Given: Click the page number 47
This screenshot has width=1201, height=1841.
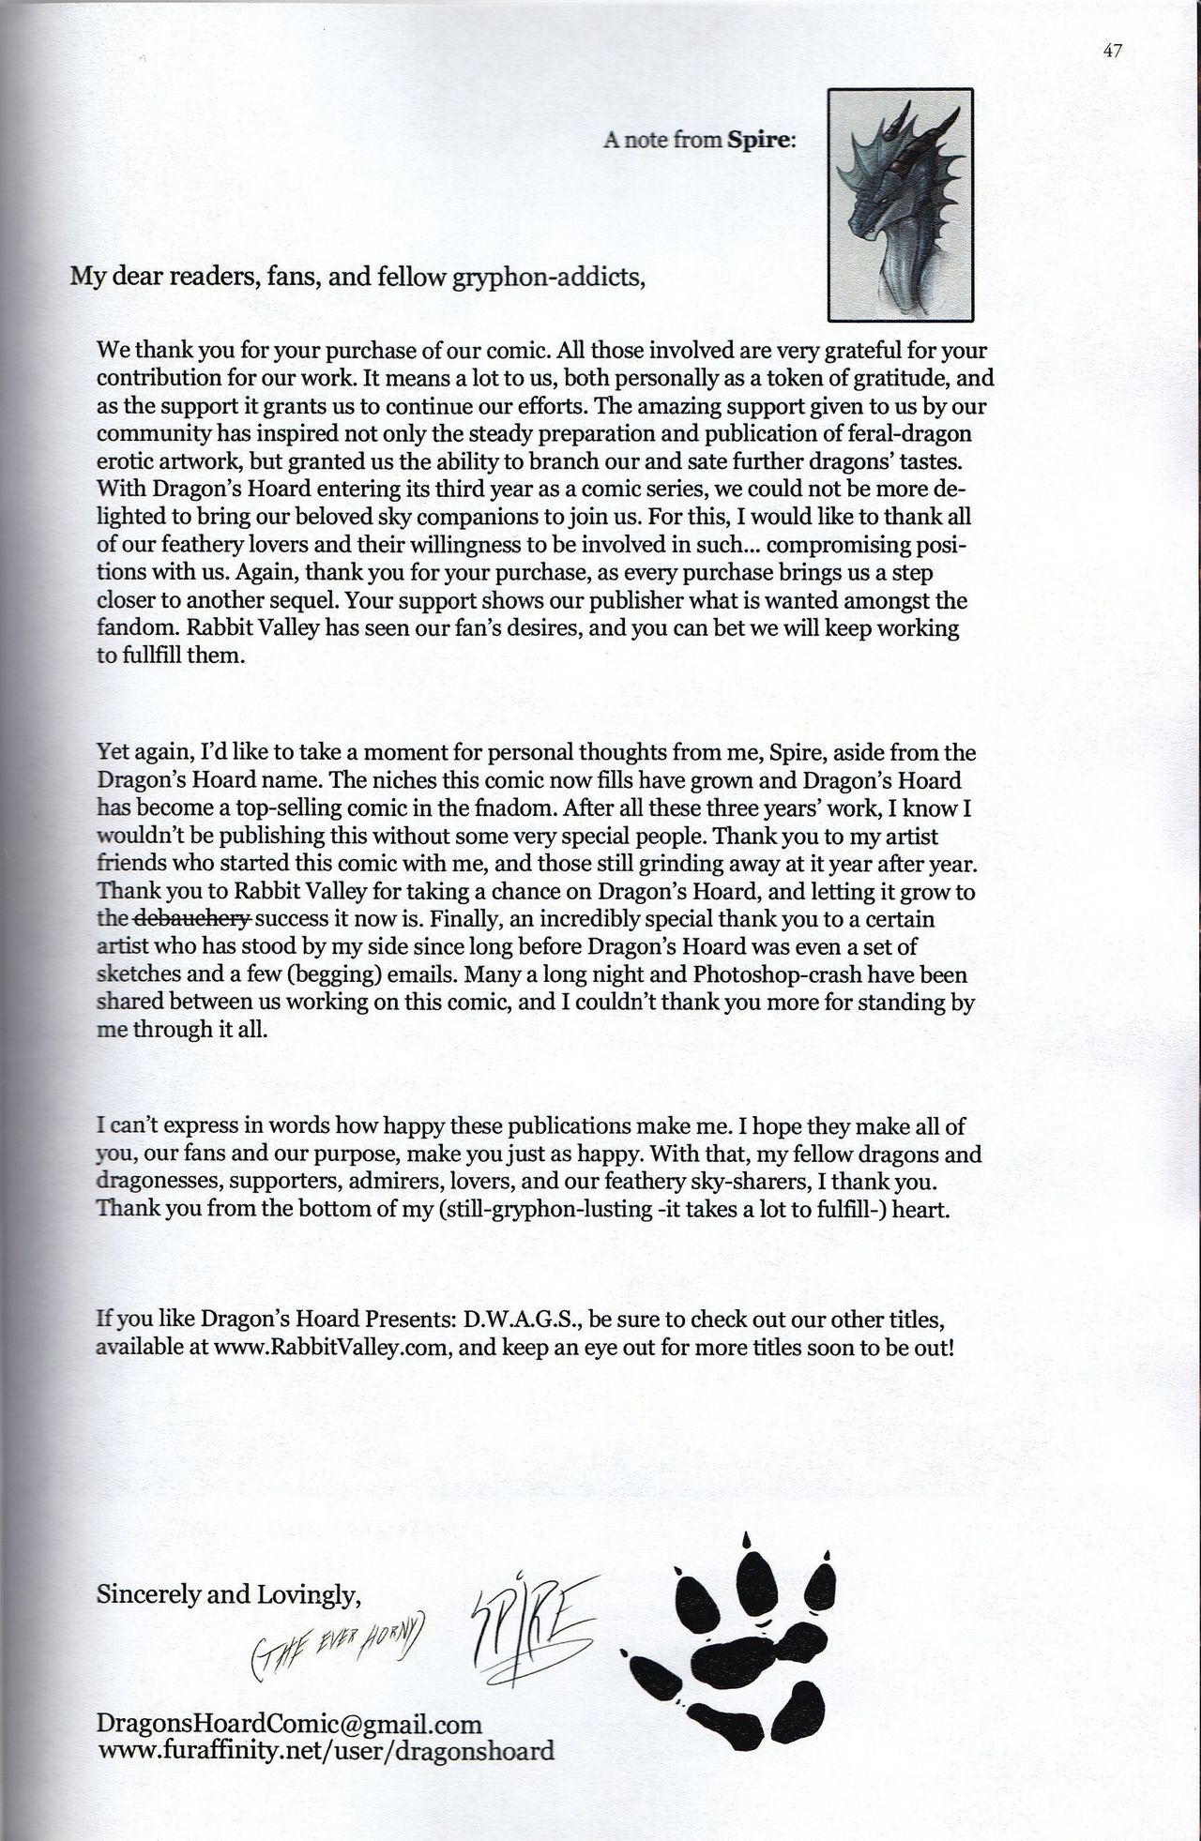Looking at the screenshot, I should tap(1112, 53).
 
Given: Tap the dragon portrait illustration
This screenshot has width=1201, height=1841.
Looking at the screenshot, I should tap(900, 204).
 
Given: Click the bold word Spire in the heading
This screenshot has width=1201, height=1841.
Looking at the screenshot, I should tap(761, 141).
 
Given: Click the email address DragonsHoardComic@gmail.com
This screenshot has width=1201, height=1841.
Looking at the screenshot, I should tap(289, 1724).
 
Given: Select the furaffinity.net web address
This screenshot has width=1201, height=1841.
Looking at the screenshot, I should tap(325, 1750).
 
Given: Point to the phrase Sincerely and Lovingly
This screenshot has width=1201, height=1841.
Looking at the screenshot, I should tap(228, 1594).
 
